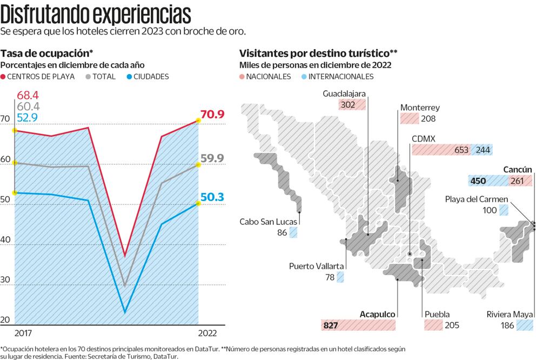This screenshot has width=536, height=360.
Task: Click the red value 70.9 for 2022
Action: pos(212,114)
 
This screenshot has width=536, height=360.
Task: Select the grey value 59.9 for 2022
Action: pos(212,158)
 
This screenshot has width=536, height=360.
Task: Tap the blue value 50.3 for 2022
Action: pos(212,197)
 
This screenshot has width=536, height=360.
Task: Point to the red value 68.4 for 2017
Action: pos(28,96)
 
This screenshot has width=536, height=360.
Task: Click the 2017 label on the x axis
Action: pos(24,332)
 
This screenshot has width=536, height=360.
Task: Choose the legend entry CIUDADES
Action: pos(148,77)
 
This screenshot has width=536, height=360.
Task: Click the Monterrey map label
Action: pos(420,108)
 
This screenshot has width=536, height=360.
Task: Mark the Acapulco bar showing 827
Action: pos(358,325)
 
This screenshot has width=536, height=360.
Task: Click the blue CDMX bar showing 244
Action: pos(481,150)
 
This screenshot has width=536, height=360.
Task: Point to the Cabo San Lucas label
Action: pos(265,221)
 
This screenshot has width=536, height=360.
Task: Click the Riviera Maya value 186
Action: pos(507,325)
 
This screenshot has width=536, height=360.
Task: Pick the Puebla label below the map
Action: pos(437,314)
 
